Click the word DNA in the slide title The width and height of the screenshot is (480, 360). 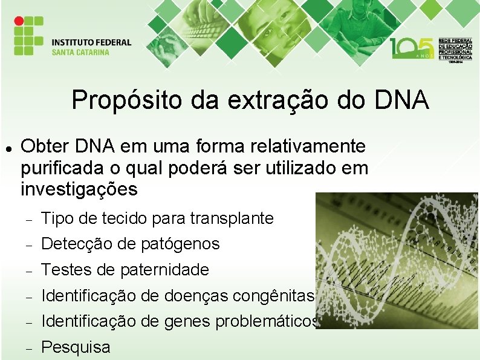[x=398, y=100]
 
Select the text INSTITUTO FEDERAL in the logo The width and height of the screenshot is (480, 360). [x=91, y=42]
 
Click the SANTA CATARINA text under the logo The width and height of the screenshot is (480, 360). [x=80, y=52]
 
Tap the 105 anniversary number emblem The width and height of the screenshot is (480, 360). [x=412, y=48]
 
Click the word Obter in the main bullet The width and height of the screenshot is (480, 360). [x=45, y=146]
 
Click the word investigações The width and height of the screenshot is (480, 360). [x=79, y=189]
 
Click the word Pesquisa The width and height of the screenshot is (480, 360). [x=76, y=347]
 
